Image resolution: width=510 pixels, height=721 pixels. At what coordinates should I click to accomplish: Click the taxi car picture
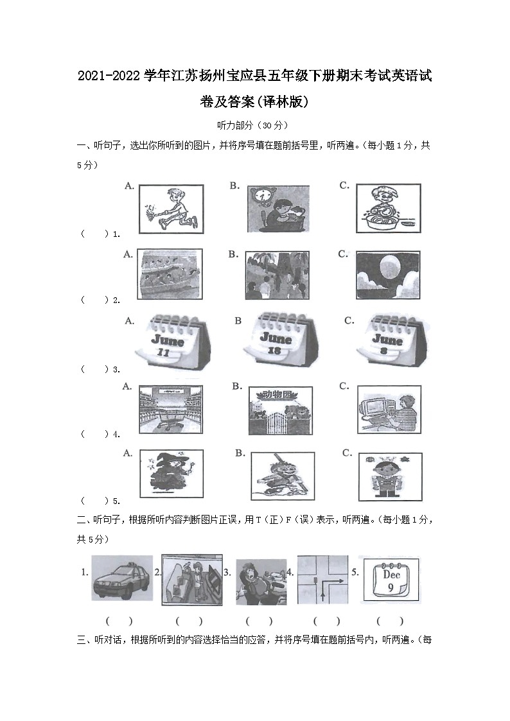[122, 578]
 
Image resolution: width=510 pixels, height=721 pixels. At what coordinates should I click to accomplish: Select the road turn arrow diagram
[322, 578]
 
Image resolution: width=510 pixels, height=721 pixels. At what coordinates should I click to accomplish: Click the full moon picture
[387, 274]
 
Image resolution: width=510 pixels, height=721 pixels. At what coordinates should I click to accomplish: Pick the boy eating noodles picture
[387, 209]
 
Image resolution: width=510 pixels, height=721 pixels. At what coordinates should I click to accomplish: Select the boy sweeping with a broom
[171, 209]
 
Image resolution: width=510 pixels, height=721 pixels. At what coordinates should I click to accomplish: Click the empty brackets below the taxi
[119, 621]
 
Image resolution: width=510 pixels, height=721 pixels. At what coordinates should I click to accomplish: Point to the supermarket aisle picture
[170, 410]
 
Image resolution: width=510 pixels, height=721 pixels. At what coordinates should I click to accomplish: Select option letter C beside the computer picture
[344, 387]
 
